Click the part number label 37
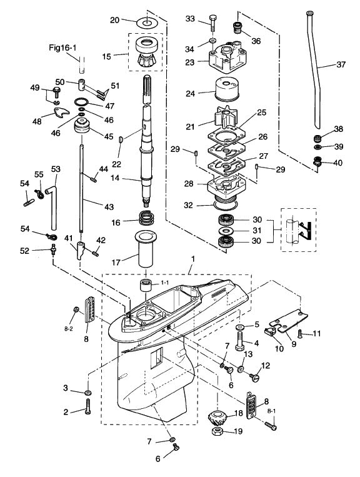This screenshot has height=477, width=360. click(341, 64)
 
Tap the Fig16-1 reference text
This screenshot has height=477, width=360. click(62, 48)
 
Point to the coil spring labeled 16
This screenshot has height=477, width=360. click(147, 218)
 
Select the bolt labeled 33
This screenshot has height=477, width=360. click(213, 23)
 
